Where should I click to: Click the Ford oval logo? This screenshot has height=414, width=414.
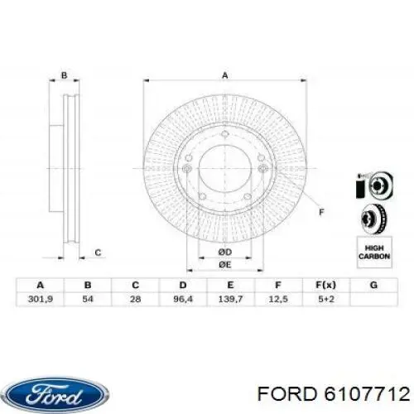(x=57, y=395)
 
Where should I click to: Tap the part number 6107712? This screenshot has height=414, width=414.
(x=367, y=393)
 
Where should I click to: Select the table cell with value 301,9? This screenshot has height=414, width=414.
(x=41, y=299)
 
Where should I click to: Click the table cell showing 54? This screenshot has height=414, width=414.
(x=88, y=299)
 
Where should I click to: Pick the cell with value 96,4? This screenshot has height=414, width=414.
(x=183, y=299)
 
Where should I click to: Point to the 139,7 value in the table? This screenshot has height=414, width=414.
(x=231, y=299)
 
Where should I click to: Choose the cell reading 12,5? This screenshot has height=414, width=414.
(x=278, y=299)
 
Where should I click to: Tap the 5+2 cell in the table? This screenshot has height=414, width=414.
(x=326, y=299)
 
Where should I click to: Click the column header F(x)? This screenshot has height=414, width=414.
(x=326, y=285)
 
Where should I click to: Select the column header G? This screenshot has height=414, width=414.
(x=373, y=285)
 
